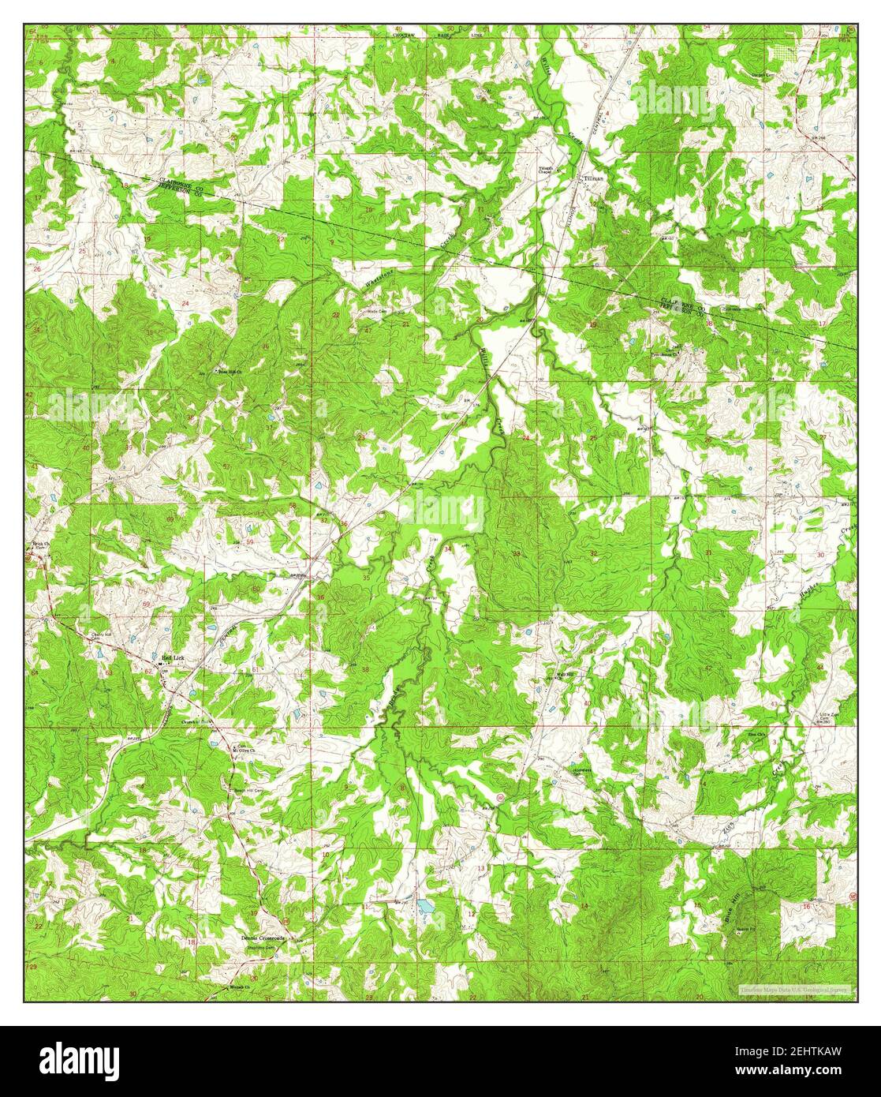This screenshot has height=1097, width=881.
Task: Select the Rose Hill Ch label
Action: tap(228, 370)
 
